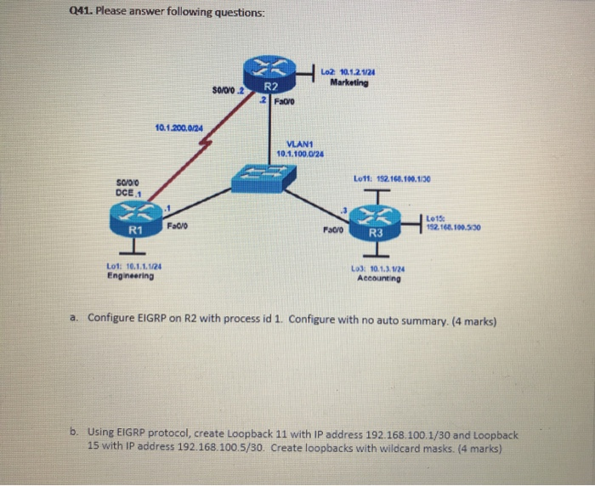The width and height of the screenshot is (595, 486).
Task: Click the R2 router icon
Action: [269, 73]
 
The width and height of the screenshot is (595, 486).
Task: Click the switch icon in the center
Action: [264, 175]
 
